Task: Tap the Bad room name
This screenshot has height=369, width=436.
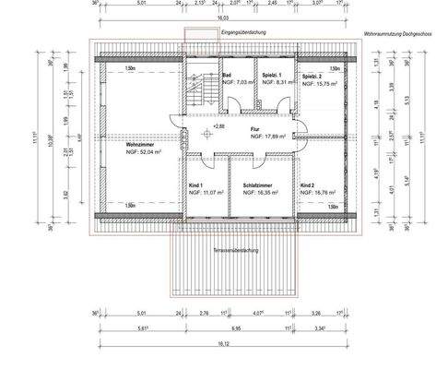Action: (x=227, y=74)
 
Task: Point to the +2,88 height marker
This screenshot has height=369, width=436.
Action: (x=218, y=125)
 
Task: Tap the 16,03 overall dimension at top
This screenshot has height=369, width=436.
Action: (x=223, y=17)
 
